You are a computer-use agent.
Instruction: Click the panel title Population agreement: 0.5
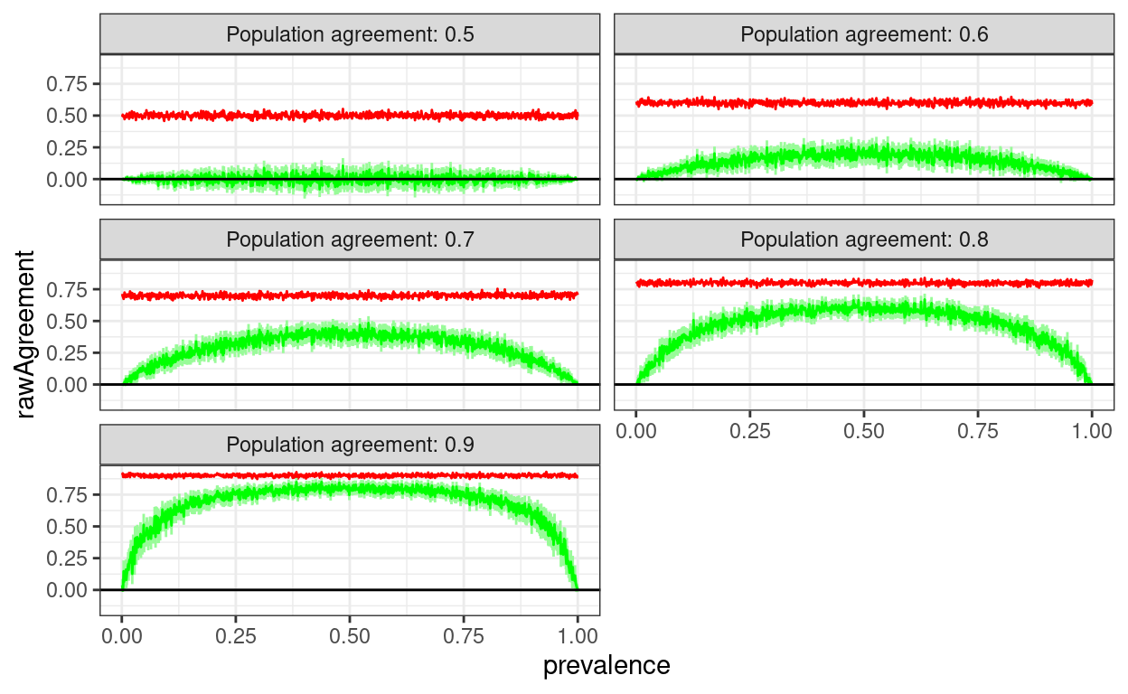click(350, 34)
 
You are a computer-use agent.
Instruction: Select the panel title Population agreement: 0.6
click(864, 34)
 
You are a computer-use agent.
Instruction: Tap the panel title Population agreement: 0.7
click(350, 239)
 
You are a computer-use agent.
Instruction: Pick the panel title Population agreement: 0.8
click(864, 239)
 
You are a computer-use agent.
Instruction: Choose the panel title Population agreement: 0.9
click(350, 445)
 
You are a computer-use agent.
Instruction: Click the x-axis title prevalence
click(606, 666)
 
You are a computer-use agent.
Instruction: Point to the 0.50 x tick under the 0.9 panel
click(350, 635)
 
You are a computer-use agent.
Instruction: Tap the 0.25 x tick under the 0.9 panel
click(236, 635)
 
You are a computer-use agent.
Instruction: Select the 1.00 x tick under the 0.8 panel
click(1091, 430)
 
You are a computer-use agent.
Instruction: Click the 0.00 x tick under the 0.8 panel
click(636, 430)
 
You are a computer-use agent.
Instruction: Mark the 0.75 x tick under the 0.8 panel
click(978, 430)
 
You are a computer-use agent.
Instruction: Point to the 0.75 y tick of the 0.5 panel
click(68, 84)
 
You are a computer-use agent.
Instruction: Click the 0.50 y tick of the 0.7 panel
click(68, 321)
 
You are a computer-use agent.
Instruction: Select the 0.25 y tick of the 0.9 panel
click(68, 558)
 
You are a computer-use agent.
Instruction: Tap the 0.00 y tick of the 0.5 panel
click(68, 179)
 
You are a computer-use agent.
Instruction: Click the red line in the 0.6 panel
click(864, 103)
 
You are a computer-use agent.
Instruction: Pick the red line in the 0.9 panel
click(350, 475)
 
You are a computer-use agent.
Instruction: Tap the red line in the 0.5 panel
click(350, 116)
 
